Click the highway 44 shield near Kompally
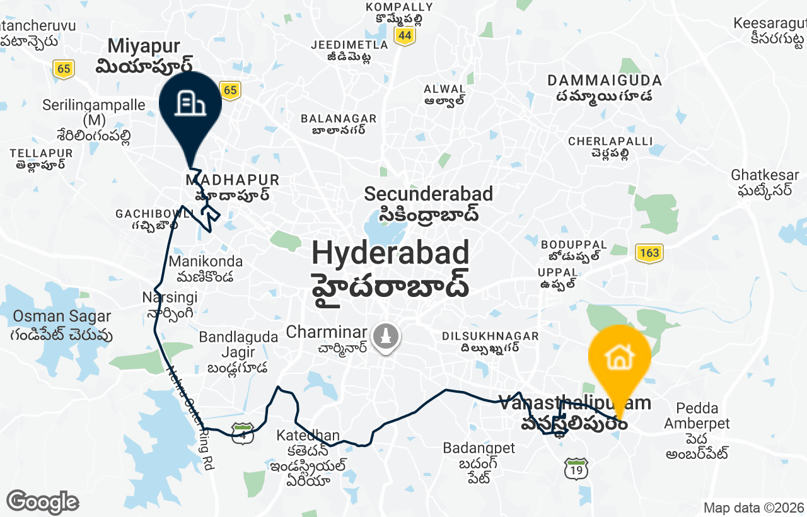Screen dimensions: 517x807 pyautogui.click(x=405, y=37)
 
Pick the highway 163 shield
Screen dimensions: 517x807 pyautogui.click(x=649, y=253)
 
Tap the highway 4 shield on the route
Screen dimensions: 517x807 pyautogui.click(x=243, y=434)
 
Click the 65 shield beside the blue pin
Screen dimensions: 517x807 pyautogui.click(x=230, y=91)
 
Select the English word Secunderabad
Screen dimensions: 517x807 pyautogui.click(x=428, y=194)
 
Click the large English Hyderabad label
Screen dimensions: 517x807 pyautogui.click(x=390, y=253)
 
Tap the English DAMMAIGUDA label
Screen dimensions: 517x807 pyautogui.click(x=604, y=81)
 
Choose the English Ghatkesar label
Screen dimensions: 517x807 pyautogui.click(x=765, y=175)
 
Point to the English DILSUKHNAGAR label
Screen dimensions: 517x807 pyautogui.click(x=490, y=337)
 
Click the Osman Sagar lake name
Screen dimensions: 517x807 pyautogui.click(x=62, y=317)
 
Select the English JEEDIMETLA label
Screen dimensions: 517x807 pyautogui.click(x=349, y=45)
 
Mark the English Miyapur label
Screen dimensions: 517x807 pyautogui.click(x=144, y=46)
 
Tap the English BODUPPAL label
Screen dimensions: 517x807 pyautogui.click(x=574, y=245)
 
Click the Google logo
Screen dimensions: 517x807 pyautogui.click(x=42, y=502)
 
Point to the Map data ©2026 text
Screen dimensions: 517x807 pyautogui.click(x=753, y=508)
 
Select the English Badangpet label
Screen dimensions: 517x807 pyautogui.click(x=479, y=448)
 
